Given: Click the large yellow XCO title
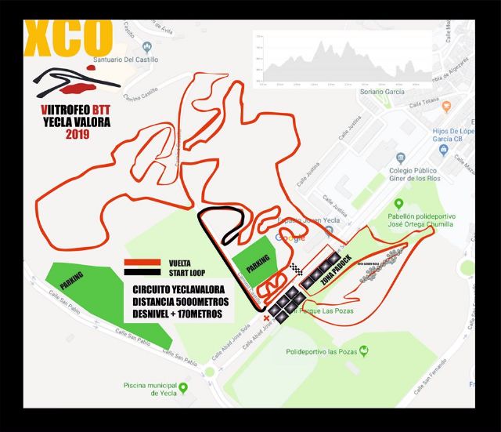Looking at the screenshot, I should click(x=69, y=35).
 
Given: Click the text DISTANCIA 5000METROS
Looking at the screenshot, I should click(x=175, y=301).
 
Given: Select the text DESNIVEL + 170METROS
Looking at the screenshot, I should click(x=177, y=314).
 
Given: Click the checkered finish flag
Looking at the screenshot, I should click(x=296, y=270).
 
